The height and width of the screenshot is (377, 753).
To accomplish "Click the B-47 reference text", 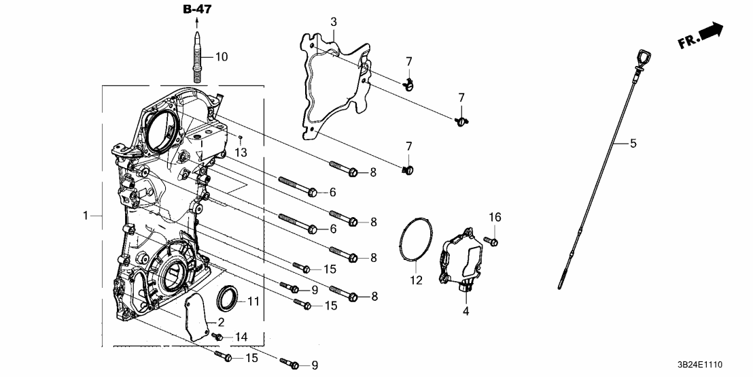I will tap(197, 10).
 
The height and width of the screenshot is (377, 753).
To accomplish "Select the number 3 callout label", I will tap(334, 22).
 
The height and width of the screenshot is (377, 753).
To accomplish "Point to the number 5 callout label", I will tap(633, 143).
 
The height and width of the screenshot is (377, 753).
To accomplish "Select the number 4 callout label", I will tap(466, 312).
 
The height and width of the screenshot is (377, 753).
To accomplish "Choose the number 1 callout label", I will tap(86, 216).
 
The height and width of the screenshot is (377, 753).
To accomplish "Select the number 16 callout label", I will tap(495, 217).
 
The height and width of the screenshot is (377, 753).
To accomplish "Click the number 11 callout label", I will tap(253, 301).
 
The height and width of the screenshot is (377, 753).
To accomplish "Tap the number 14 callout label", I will tap(242, 338).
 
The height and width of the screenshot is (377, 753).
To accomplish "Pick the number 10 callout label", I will tap(222, 56).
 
